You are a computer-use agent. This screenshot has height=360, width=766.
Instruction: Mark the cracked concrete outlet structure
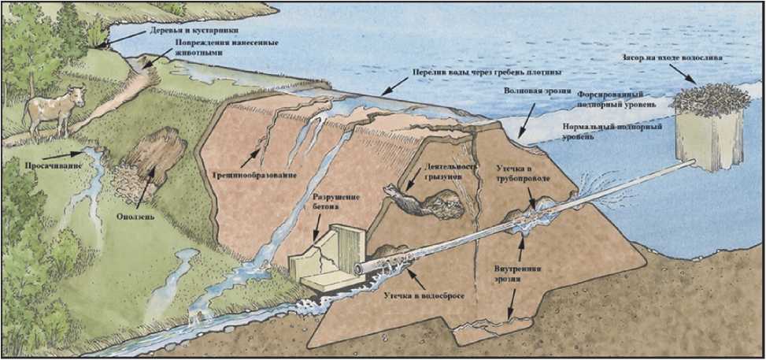327,258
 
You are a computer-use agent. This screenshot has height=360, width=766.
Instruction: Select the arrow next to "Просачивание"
61,156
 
